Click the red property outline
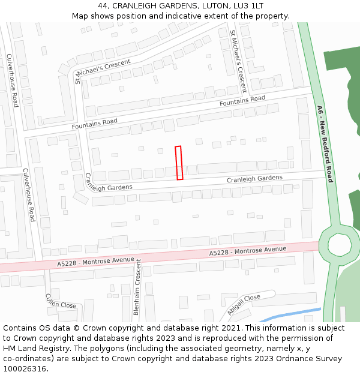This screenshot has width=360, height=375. [179, 163]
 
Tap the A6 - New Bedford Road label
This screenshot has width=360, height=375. [325, 144]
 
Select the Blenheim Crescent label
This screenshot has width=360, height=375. [137, 287]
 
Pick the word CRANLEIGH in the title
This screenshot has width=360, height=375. [136, 5]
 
